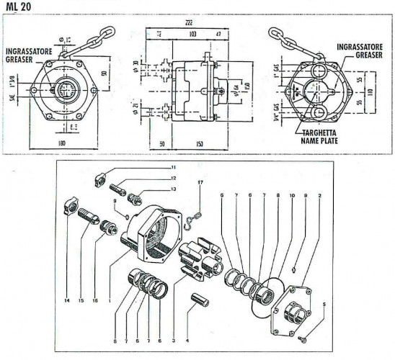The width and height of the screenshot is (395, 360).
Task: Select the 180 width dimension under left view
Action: click(x=66, y=144)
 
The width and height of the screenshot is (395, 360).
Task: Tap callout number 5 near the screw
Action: click(x=324, y=305)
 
